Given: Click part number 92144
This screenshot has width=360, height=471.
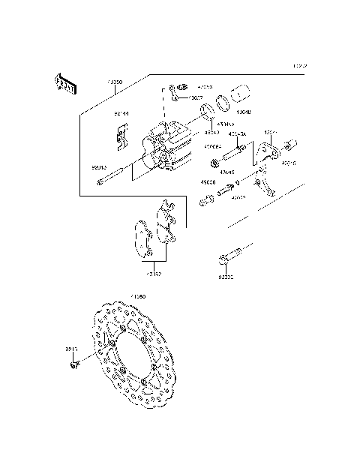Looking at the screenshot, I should (x=121, y=114).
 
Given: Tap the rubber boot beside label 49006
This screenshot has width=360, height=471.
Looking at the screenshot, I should (x=205, y=200).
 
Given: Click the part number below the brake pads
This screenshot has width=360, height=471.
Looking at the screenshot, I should (x=154, y=274).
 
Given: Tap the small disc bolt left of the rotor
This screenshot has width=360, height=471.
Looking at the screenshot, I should (x=73, y=364).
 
